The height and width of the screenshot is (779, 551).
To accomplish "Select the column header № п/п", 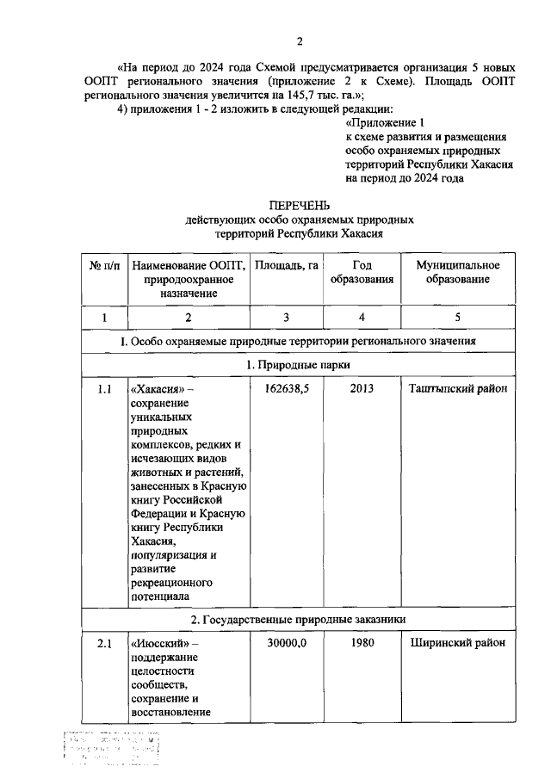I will click(x=104, y=265).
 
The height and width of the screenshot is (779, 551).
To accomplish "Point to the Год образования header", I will click(x=362, y=272).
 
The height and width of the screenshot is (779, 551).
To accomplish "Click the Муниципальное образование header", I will click(x=458, y=272).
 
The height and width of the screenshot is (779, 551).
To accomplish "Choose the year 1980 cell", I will click(x=362, y=643).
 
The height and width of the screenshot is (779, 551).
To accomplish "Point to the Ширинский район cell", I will click(x=458, y=643).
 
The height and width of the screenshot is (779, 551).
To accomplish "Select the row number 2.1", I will click(x=104, y=643).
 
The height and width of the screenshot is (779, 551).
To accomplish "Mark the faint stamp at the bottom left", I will click(x=112, y=749).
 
